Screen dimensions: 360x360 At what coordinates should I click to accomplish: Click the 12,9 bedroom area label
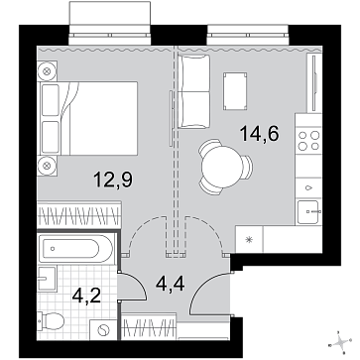pos(113,180)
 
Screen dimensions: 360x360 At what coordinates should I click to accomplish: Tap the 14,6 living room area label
pos(260,134)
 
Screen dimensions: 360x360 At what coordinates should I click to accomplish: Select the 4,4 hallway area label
pos(170,284)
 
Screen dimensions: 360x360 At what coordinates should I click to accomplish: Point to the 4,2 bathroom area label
pos(86,296)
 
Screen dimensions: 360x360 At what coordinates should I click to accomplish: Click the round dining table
pos(223,167)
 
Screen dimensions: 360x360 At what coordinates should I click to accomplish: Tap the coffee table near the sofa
pos(235,91)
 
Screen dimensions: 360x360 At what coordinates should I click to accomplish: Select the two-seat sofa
pos(193,91)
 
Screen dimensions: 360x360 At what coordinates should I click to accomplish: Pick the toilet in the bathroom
pos(51,320)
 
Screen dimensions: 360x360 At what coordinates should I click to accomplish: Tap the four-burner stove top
pos(308,140)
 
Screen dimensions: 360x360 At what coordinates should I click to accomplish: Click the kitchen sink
pos(308,211)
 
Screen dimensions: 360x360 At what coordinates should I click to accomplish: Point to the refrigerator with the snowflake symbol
pos(249,240)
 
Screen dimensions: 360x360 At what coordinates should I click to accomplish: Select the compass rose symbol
pos(341,342)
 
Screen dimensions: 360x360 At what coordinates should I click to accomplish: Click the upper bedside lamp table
pos(48,70)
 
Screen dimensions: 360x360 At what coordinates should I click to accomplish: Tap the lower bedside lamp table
pos(48,166)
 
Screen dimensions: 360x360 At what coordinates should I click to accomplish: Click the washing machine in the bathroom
pos(103,329)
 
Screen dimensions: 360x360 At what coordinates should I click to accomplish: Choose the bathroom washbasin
pos(47,279)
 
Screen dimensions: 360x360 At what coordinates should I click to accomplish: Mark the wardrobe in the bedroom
pos(79,214)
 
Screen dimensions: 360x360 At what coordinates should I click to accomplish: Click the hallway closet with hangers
pos(149,326)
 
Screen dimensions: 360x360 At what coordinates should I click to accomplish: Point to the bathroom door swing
pos(132,287)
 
